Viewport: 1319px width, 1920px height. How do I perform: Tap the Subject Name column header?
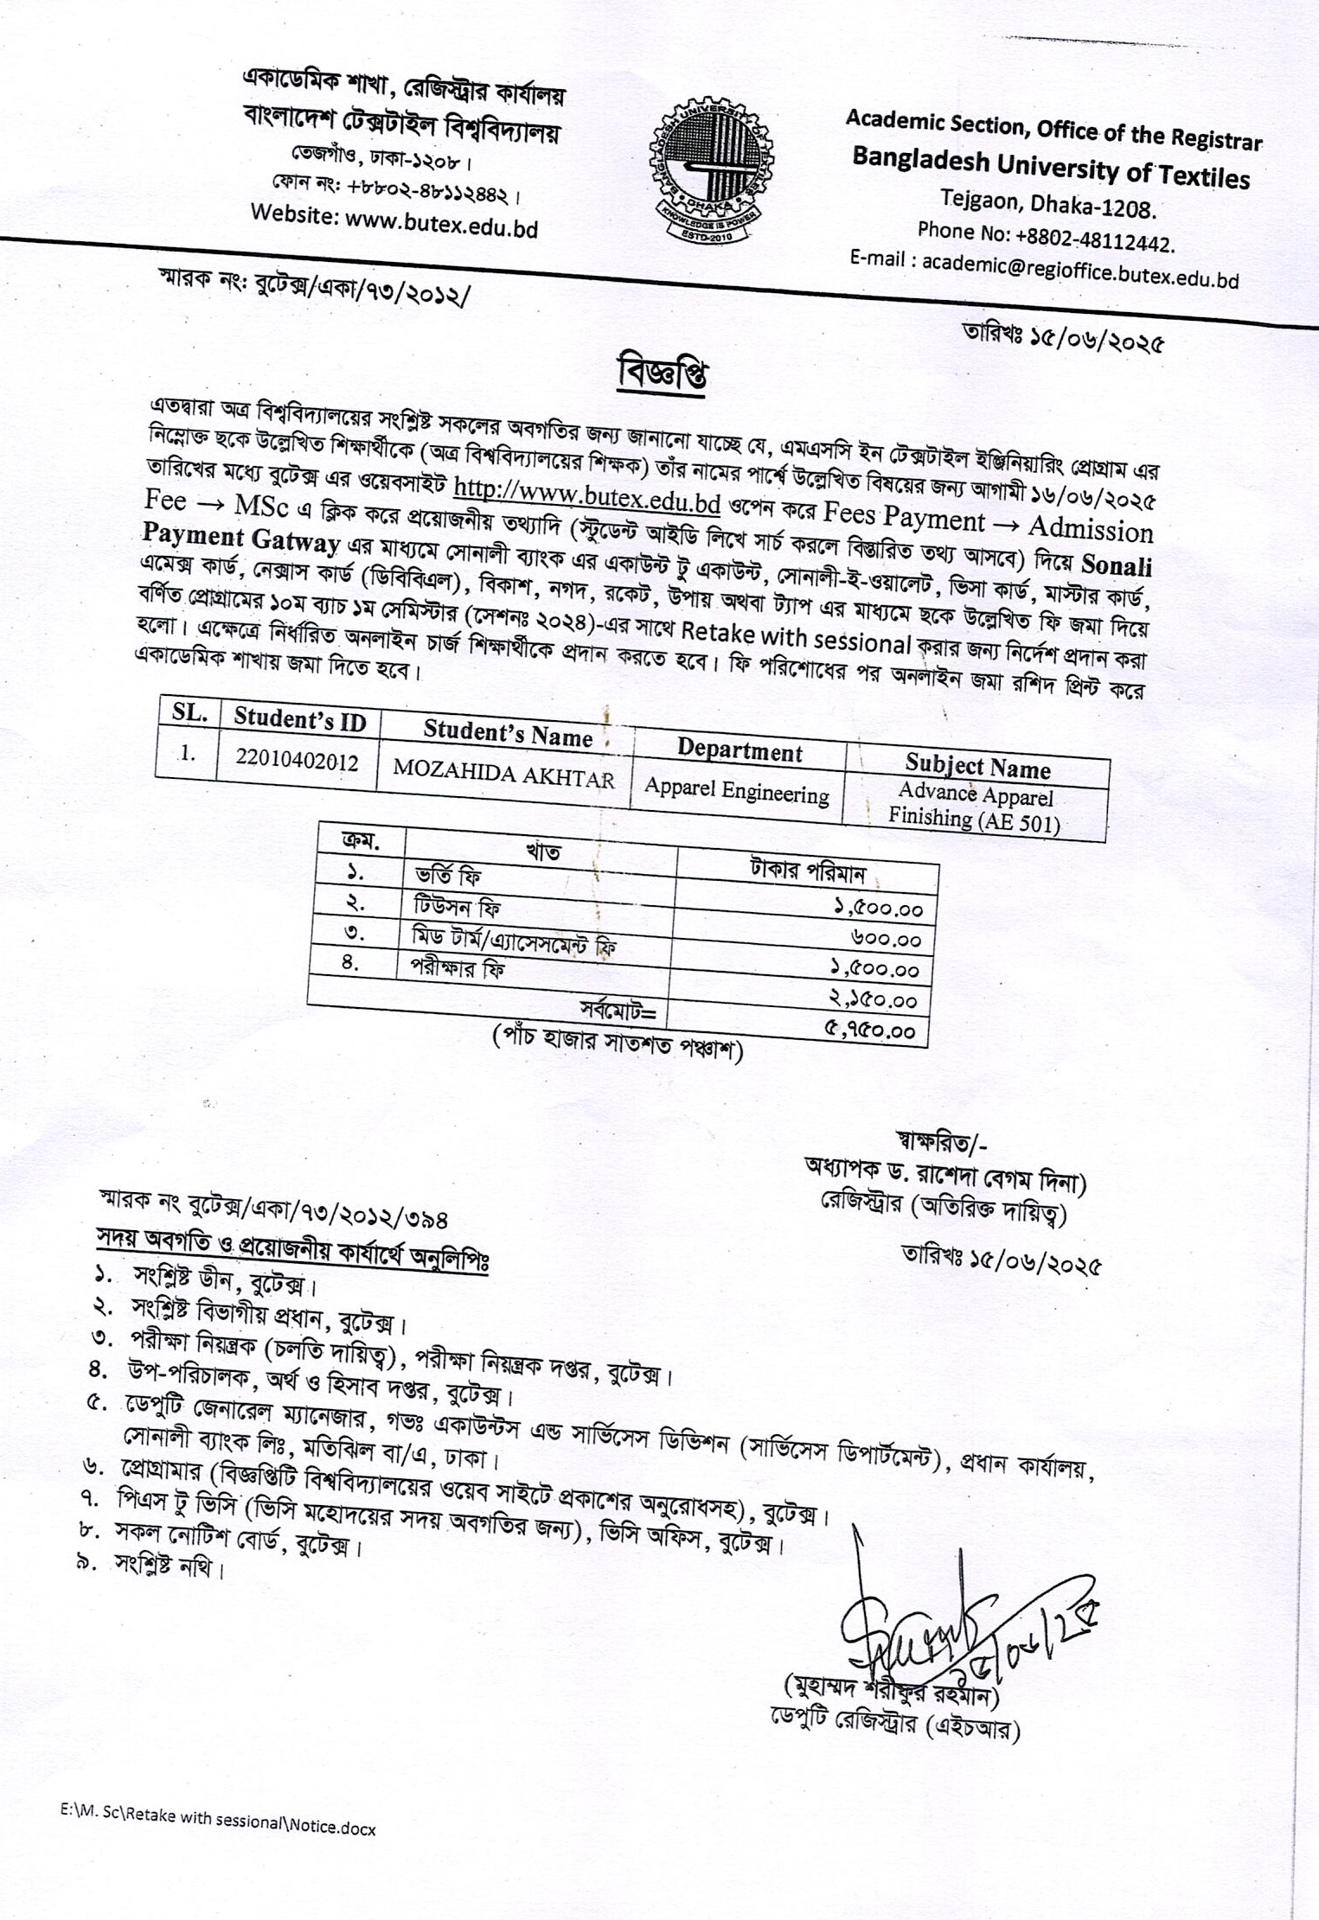977,767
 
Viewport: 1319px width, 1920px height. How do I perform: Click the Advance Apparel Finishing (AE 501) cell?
975,807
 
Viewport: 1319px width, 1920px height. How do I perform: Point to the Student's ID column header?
300,719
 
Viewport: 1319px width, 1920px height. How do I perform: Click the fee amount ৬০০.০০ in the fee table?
886,940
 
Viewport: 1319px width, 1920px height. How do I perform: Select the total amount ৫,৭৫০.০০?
877,1030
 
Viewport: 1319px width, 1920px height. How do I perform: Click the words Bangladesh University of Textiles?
1050,167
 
